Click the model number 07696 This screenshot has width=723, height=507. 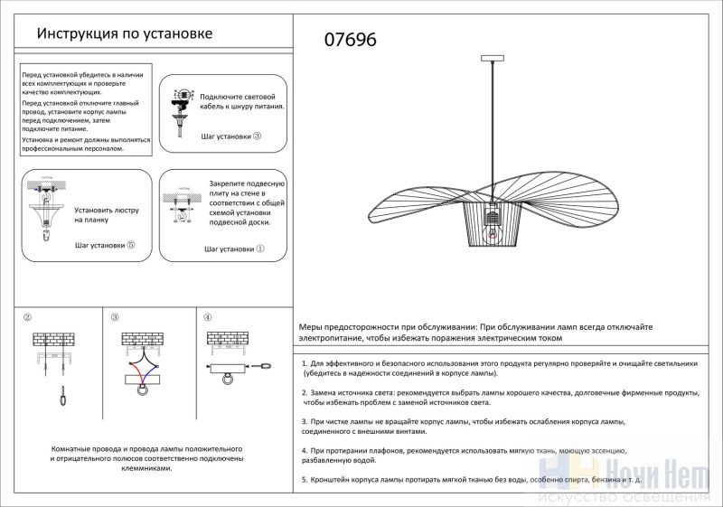coord(350,40)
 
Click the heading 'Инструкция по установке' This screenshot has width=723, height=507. coord(124,34)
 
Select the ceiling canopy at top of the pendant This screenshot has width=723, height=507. coord(493,59)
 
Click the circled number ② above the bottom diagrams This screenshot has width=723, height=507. coord(28,318)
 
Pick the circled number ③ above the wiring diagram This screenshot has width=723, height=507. coord(115,318)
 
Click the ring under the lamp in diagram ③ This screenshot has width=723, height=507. coord(142,391)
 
